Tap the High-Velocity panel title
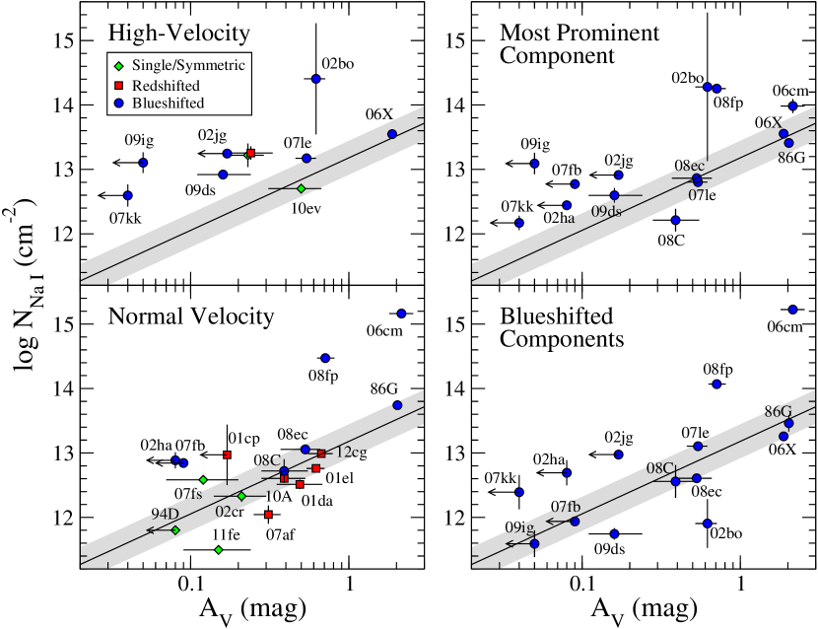coord(180,35)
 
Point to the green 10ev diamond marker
coord(302,187)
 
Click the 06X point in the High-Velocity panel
coord(392,134)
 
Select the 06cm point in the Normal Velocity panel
coord(401,314)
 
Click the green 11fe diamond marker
coord(218,550)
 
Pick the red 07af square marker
coord(268,515)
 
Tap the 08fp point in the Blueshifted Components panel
coord(716,384)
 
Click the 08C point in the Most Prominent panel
coord(675,220)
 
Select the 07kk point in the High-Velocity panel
coord(127,195)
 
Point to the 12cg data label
coord(354,451)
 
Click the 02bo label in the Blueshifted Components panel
coord(726,533)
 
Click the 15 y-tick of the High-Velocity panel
coord(64,41)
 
